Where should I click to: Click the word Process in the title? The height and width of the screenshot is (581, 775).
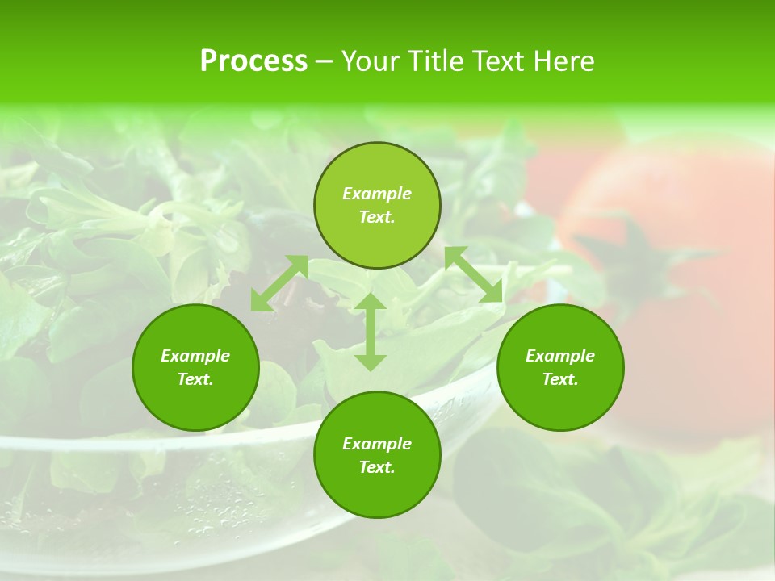[253, 61]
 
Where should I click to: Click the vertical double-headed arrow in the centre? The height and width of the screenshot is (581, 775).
[371, 332]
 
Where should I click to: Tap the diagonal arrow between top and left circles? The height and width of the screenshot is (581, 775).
[279, 282]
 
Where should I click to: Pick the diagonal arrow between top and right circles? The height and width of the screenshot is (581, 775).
[473, 274]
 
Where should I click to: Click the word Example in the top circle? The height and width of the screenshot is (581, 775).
[377, 194]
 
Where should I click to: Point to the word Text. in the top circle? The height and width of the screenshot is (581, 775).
[377, 217]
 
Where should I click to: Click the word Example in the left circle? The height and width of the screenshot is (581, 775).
[195, 356]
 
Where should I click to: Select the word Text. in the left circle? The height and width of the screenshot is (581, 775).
[195, 379]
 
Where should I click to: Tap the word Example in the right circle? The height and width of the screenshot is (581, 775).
[560, 356]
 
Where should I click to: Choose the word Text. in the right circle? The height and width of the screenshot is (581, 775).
[560, 379]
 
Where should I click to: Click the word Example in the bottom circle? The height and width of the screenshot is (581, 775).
[377, 444]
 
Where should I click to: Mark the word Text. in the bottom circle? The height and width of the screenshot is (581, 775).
[377, 467]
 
